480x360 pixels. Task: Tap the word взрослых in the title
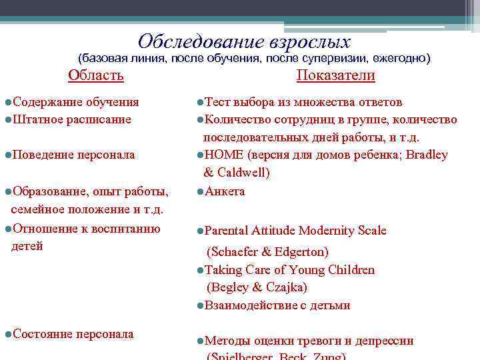310,42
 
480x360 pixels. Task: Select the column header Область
96,75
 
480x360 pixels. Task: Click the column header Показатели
335,75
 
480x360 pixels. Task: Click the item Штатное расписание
71,119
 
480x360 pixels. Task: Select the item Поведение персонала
73,155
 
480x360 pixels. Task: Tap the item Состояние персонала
73,333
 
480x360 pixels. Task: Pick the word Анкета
225,191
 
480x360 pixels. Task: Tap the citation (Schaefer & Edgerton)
267,252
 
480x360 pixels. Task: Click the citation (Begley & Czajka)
257,287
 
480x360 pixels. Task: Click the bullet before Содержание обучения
7,102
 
